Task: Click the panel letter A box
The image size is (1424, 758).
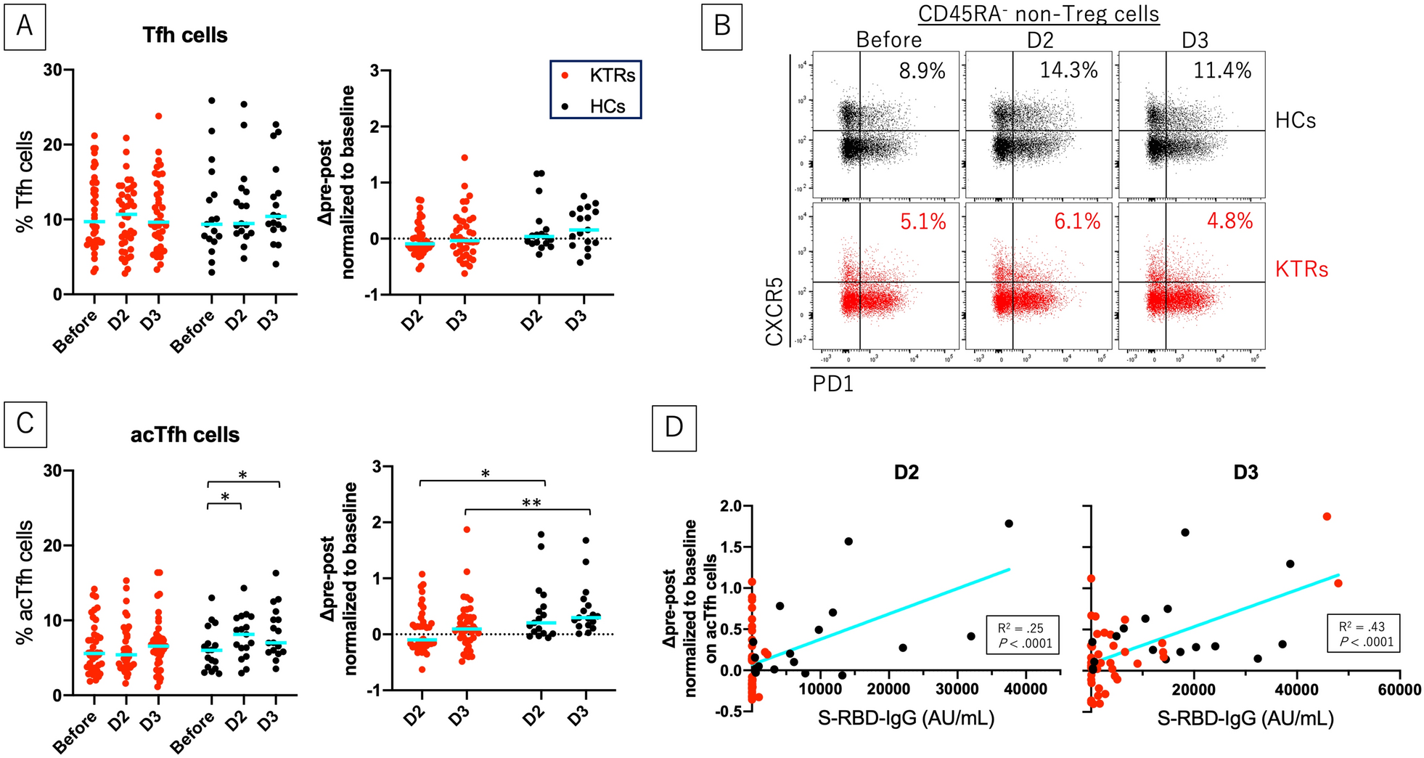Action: (25, 25)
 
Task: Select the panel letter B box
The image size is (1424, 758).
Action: (721, 25)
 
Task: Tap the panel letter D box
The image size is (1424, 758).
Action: (674, 427)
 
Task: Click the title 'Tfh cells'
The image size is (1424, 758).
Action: (185, 36)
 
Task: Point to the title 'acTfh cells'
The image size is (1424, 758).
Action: (185, 435)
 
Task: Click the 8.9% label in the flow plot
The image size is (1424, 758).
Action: (922, 71)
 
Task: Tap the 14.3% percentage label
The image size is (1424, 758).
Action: (1068, 70)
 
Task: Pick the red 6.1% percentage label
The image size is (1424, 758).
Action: (1077, 221)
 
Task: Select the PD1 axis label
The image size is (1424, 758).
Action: (832, 383)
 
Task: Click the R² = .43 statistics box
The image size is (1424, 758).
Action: (1362, 634)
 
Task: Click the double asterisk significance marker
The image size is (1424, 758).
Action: (531, 502)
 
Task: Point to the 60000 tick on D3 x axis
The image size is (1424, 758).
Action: (1397, 689)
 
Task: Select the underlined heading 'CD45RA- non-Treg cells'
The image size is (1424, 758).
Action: (1039, 14)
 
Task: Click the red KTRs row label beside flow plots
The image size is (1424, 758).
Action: (1301, 270)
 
